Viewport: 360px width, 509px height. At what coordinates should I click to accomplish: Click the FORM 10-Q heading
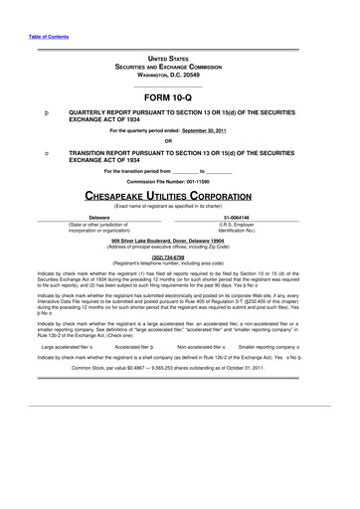[180, 96]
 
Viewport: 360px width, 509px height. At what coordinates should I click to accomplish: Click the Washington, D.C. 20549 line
[180, 76]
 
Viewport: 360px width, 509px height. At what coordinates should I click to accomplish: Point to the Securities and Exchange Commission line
[180, 68]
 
